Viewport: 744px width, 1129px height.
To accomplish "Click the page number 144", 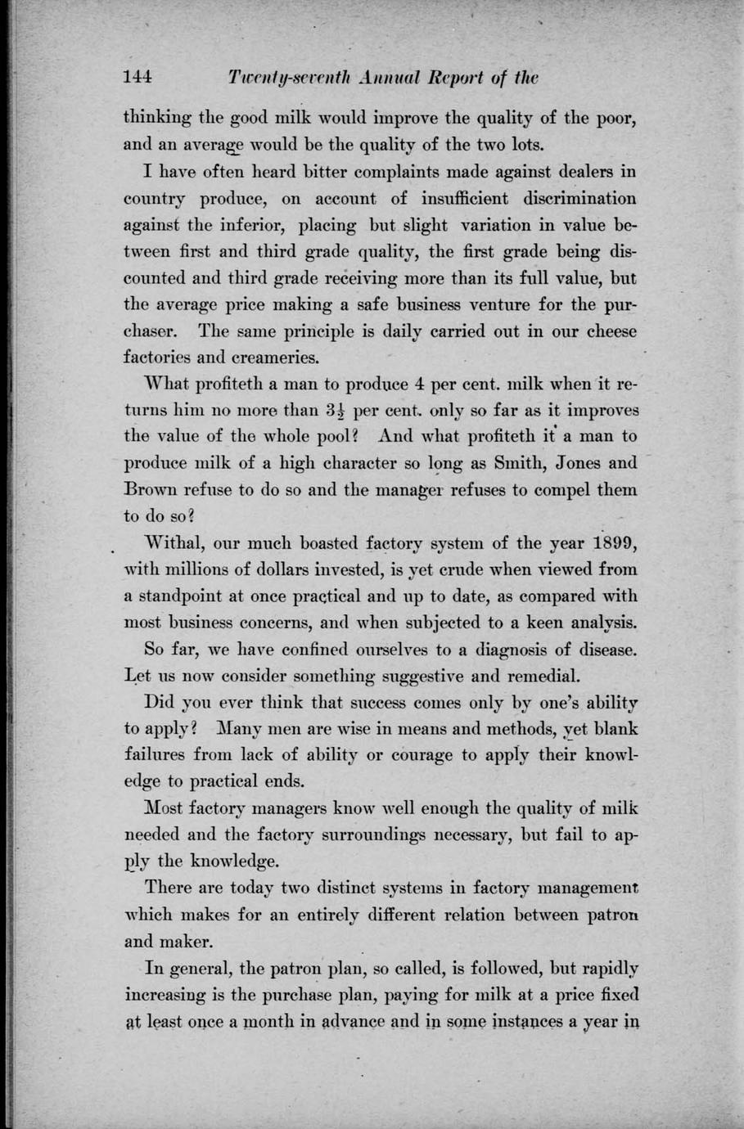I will pyautogui.click(x=138, y=79).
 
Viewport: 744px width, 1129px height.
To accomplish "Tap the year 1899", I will pyautogui.click(x=612, y=543).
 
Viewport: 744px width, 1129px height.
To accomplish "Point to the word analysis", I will pyautogui.click(x=599, y=623).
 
